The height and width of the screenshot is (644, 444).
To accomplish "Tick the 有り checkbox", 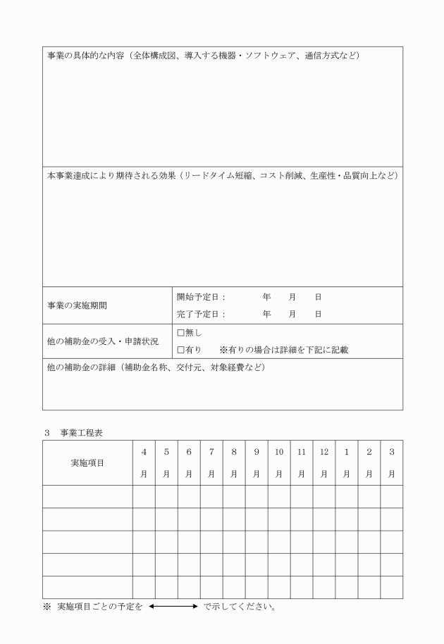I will [180, 349].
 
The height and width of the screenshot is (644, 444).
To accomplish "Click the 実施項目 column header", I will [88, 463].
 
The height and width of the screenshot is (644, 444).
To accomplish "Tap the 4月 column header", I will [144, 463].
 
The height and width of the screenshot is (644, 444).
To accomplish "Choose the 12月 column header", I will [324, 463].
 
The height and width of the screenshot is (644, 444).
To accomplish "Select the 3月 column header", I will [392, 463].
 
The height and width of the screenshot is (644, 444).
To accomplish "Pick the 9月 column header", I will [257, 463].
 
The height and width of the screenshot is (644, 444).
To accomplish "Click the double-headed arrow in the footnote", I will [173, 605].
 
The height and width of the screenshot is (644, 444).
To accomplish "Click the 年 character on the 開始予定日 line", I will [266, 297].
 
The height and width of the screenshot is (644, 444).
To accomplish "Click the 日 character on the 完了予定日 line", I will [318, 315].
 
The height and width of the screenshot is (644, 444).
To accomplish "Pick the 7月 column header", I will [211, 463].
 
